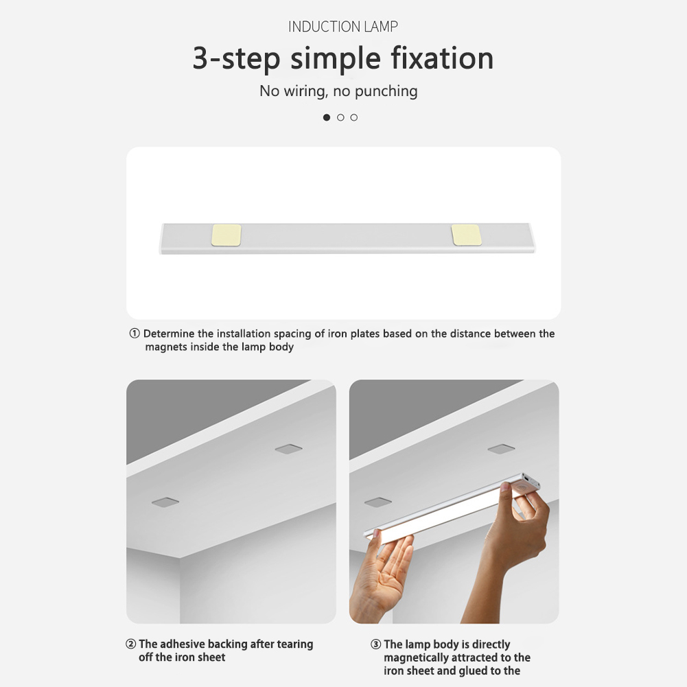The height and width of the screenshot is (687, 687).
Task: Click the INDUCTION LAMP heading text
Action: [343, 27]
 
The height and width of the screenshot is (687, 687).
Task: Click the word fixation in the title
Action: [442, 58]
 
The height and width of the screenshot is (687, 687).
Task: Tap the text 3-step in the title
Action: [237, 59]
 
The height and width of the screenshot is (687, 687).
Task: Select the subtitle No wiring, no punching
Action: [338, 91]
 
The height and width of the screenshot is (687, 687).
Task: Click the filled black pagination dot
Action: [327, 117]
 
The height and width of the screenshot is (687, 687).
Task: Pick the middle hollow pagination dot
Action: [340, 117]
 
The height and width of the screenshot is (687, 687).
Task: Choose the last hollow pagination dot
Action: [354, 117]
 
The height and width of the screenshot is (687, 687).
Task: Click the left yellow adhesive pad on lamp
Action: [226, 235]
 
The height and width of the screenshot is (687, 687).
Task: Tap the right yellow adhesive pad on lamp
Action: [466, 235]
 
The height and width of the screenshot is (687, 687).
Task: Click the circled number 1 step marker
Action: [135, 334]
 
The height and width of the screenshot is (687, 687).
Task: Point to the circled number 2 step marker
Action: [130, 644]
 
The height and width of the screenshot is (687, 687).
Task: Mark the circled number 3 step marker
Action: [375, 644]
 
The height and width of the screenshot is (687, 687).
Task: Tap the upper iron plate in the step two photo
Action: [289, 449]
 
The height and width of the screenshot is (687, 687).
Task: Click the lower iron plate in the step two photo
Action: [165, 502]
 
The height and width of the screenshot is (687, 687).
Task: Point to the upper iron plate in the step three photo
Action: [501, 449]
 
